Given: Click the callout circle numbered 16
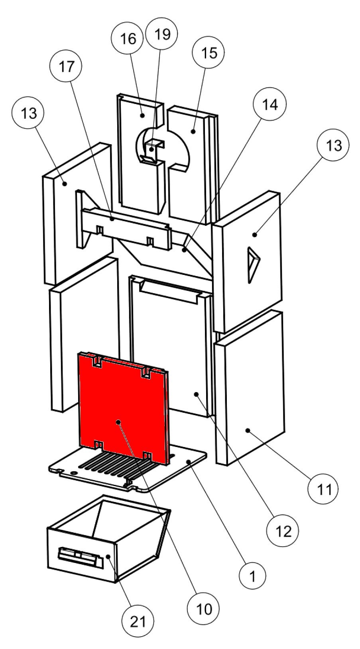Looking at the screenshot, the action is coord(128,39).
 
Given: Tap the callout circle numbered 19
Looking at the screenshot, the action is coord(162,34).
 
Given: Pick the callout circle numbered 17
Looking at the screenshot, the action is coord(66,67).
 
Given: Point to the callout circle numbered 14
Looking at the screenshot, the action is coord(270,104).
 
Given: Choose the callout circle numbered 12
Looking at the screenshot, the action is coord(283,531).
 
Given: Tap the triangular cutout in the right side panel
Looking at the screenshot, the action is coord(253,265).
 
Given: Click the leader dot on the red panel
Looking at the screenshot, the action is coord(118,422).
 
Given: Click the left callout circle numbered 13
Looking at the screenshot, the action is coord(29,113).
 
